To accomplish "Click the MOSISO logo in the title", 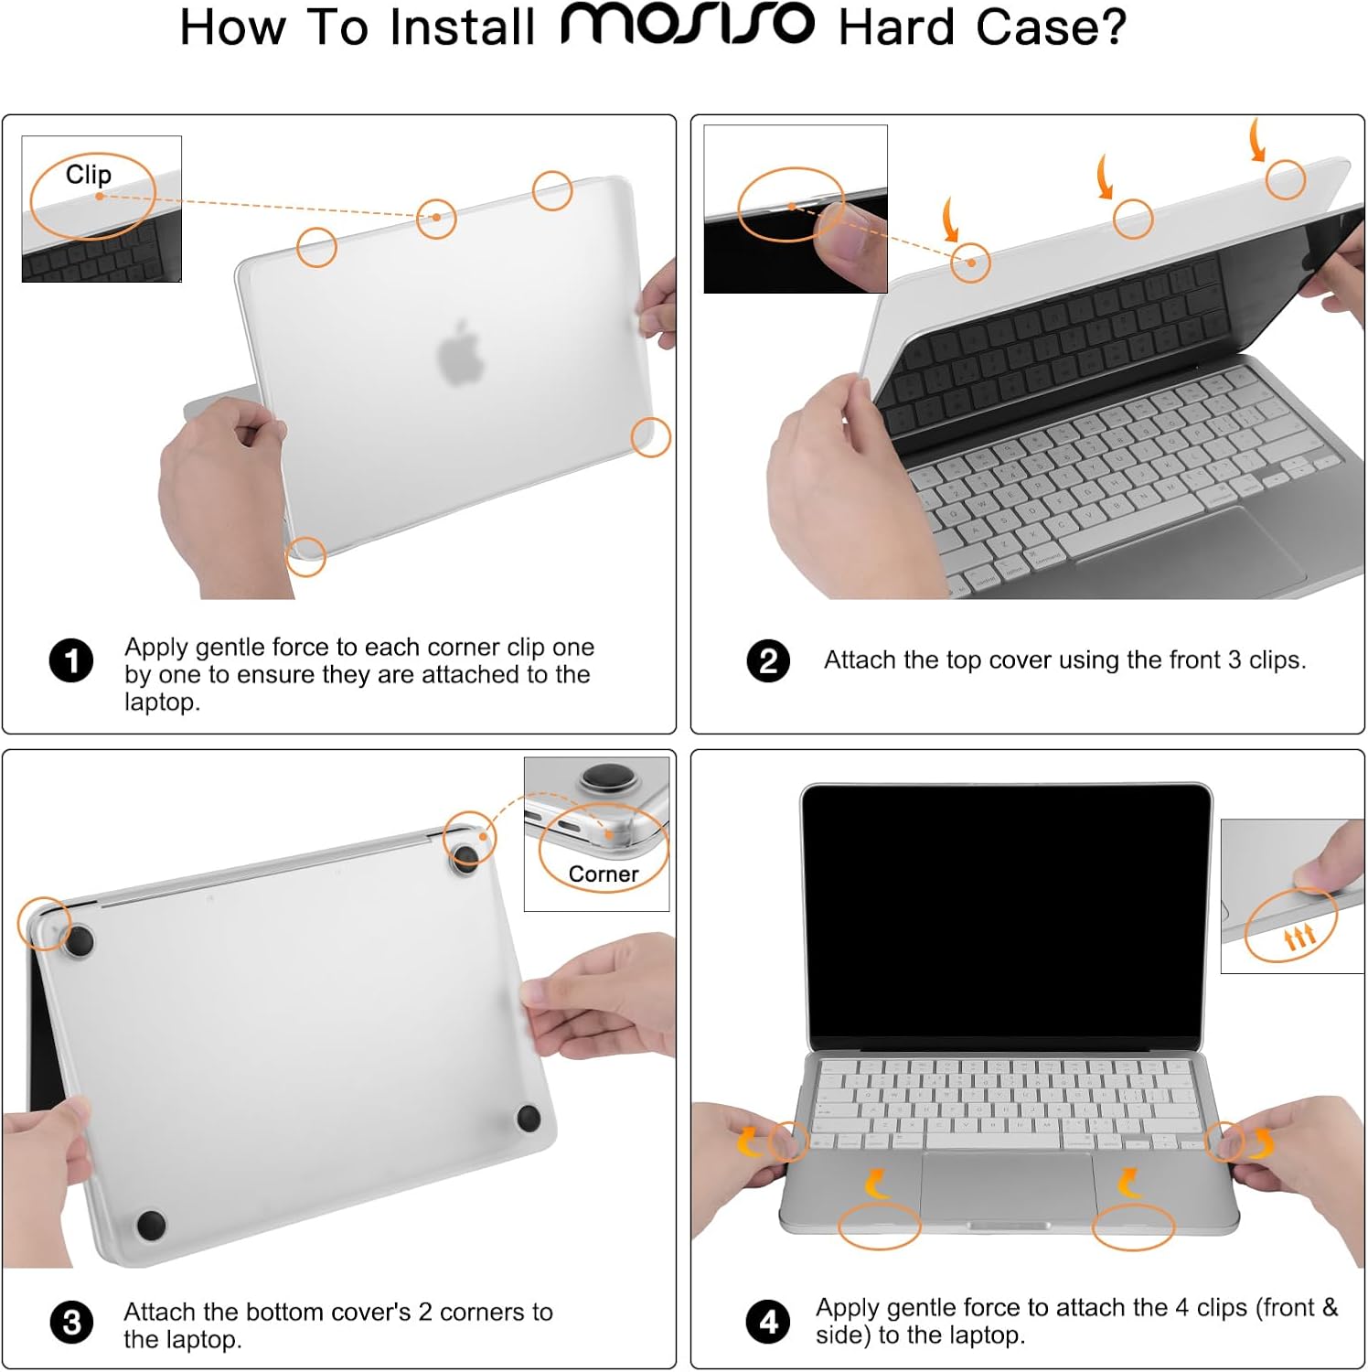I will tap(688, 25).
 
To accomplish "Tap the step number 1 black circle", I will tap(71, 660).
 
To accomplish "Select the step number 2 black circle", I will tap(768, 660).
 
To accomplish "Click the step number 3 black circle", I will tap(71, 1324).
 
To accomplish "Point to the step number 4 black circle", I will tap(768, 1322).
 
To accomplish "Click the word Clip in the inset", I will tap(89, 174).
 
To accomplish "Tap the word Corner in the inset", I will tap(604, 874).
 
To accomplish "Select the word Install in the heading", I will tap(462, 27).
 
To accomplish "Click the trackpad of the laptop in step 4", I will tap(1008, 1185).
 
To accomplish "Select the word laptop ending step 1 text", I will tap(161, 702).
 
